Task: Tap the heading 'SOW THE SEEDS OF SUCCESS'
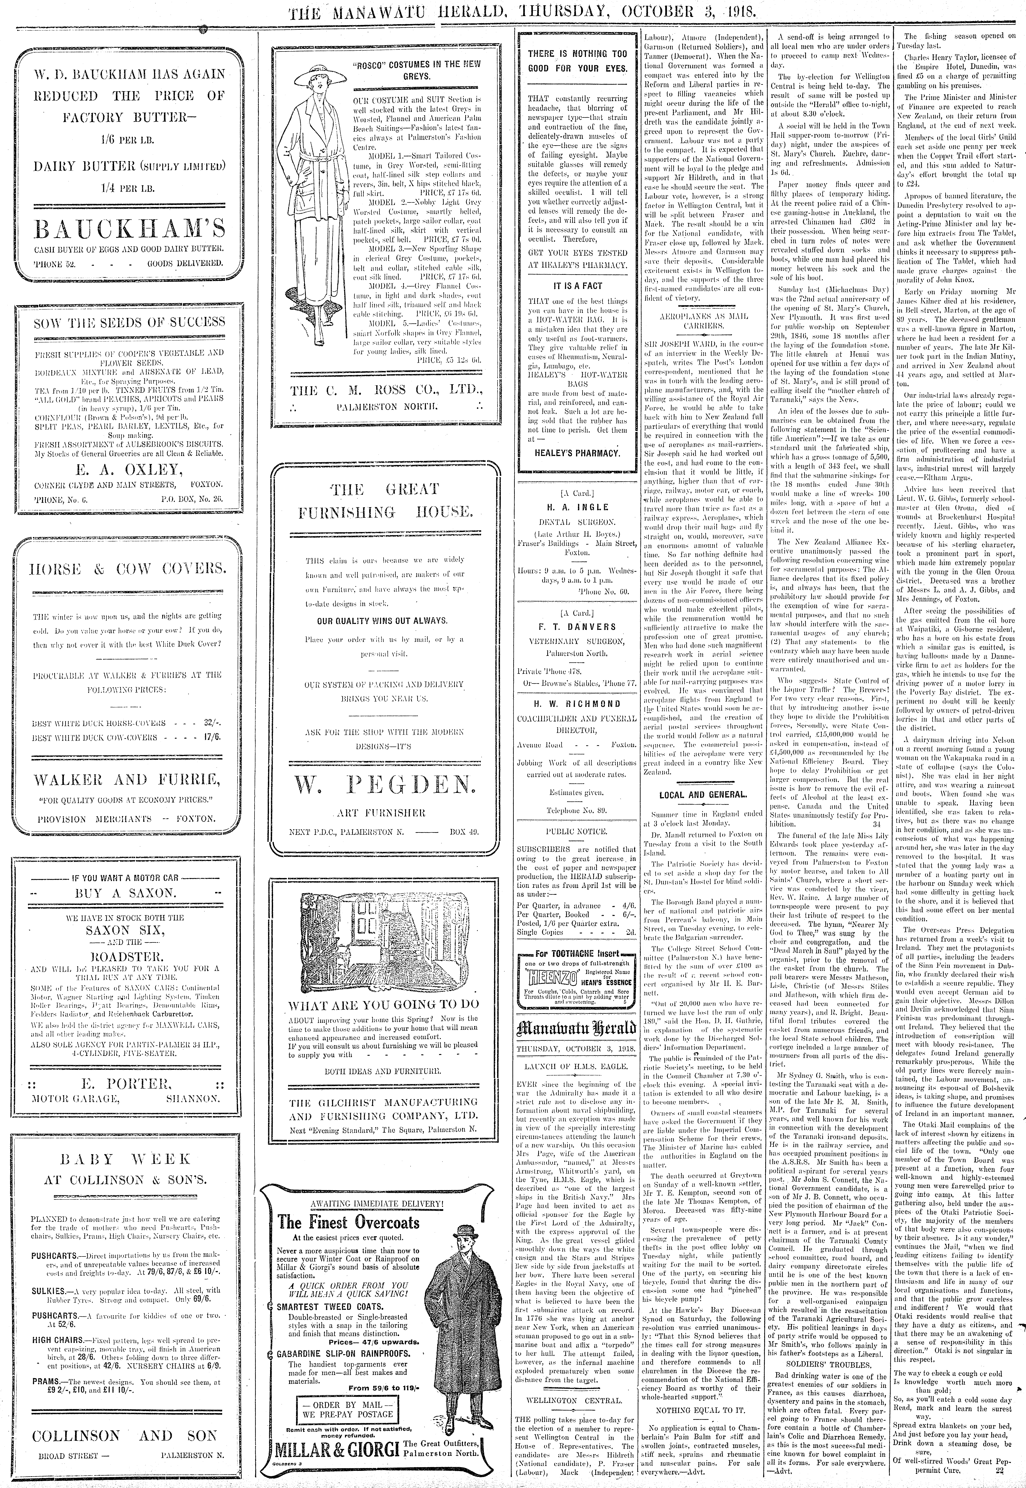tap(129, 322)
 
